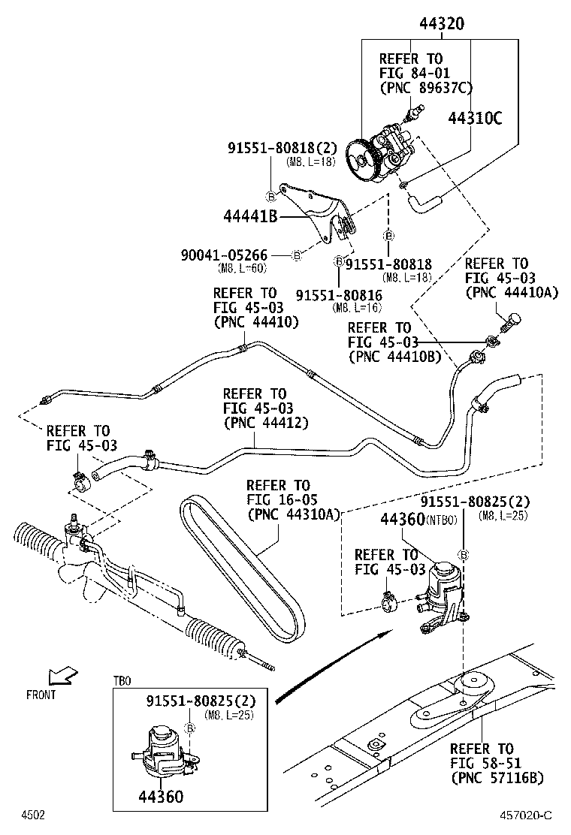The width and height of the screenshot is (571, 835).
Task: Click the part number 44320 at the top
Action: tap(441, 24)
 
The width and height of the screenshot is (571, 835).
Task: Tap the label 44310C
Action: tap(475, 118)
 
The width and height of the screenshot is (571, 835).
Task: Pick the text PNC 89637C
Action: tap(426, 88)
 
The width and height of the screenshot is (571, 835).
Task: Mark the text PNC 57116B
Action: tap(497, 777)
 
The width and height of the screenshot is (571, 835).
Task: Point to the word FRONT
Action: tap(41, 695)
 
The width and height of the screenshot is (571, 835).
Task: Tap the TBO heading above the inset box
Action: tap(122, 681)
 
